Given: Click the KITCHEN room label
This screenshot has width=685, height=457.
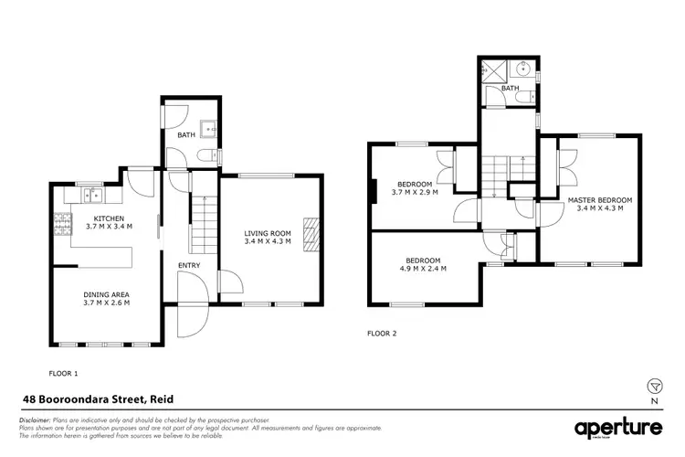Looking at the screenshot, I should [104, 217].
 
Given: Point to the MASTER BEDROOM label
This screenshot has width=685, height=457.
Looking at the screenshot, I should [599, 199].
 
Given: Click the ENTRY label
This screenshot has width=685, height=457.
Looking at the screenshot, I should [189, 266].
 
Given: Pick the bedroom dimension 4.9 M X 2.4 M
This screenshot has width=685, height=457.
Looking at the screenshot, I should [421, 269].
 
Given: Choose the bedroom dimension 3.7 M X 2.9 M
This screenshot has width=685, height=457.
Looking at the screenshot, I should [415, 192].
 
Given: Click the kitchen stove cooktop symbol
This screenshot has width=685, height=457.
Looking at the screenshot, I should [64, 224].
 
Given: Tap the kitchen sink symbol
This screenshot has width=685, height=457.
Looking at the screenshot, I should [91, 194].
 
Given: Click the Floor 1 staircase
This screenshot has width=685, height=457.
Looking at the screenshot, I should [200, 228].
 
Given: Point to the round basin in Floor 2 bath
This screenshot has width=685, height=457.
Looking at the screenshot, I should [523, 68].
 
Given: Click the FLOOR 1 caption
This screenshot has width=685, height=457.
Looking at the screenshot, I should [63, 373].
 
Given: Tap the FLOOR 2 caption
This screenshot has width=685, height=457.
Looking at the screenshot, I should [382, 334].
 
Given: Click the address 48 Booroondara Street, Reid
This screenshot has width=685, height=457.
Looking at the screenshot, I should [98, 399].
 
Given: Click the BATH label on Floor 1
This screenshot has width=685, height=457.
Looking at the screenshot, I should [185, 134].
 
